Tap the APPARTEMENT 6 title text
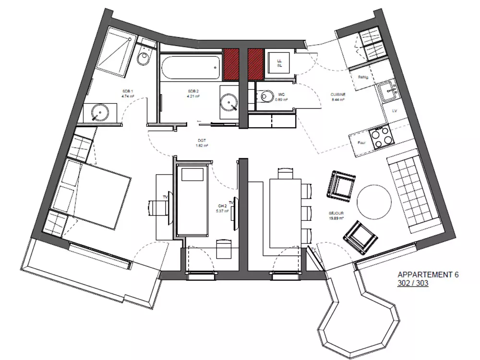coord(428,275)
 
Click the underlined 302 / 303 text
coord(413,283)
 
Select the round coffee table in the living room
coord(374,202)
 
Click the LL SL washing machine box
coord(279,62)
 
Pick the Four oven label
coord(362,142)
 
